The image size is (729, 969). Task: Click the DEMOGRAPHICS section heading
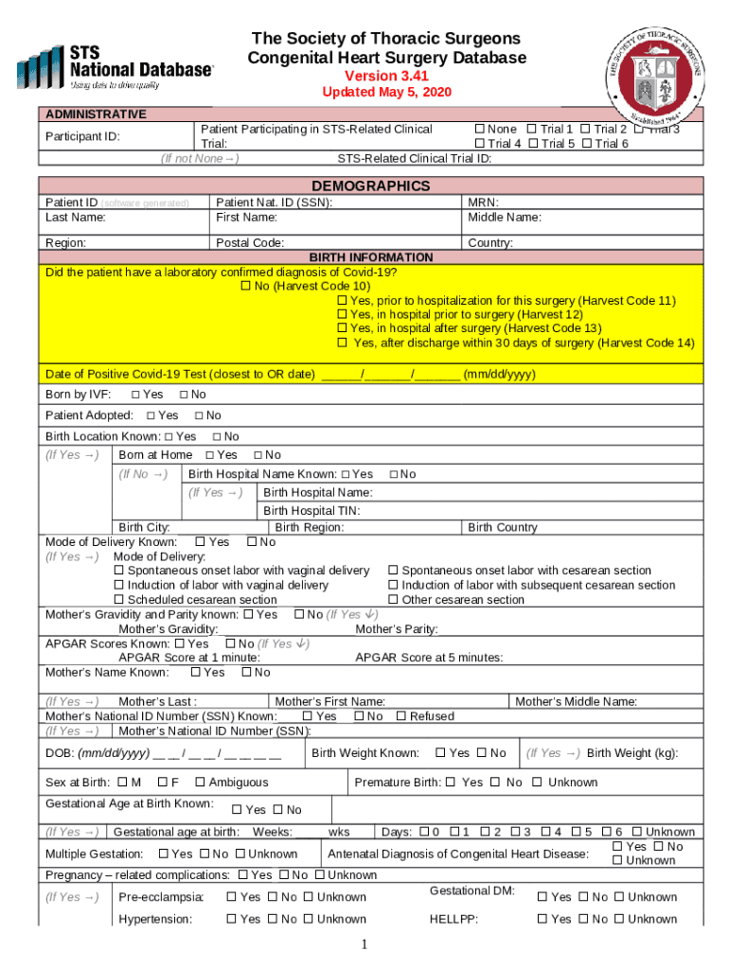click(x=370, y=185)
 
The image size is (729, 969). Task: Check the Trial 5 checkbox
click(x=532, y=144)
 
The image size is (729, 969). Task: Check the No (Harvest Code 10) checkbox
click(x=246, y=286)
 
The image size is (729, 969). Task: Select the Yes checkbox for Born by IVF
click(x=135, y=395)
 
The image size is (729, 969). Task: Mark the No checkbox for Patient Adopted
click(x=199, y=415)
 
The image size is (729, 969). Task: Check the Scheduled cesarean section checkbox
click(x=119, y=600)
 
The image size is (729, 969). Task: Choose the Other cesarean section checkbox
click(x=393, y=600)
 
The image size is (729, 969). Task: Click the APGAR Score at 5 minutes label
click(x=429, y=658)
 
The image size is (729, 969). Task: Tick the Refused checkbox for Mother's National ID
click(x=401, y=716)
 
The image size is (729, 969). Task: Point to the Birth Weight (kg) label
click(x=631, y=753)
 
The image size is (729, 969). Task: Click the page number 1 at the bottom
click(x=364, y=945)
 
